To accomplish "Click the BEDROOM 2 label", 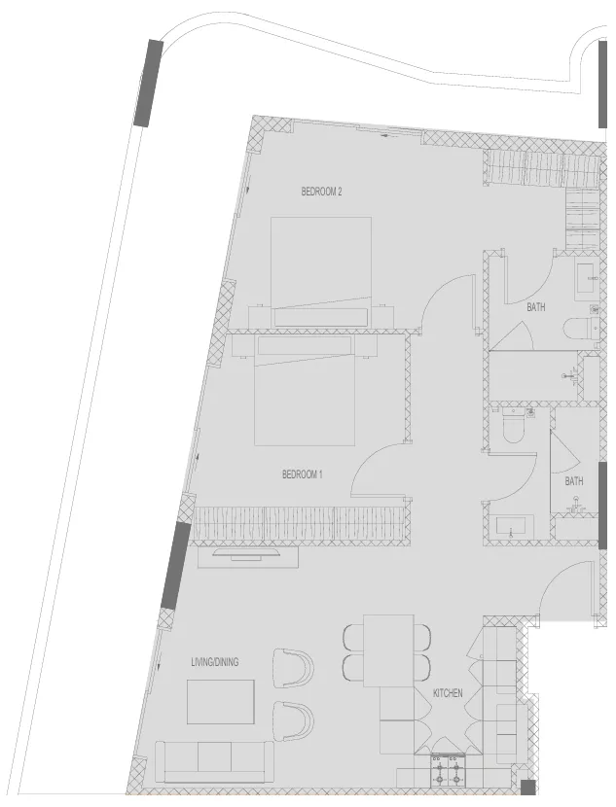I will coord(321,193).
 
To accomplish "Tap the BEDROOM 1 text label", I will coord(302,474).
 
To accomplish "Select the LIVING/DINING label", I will coord(214,662).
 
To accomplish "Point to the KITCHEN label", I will coord(448,693).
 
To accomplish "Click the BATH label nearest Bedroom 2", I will coord(536,307).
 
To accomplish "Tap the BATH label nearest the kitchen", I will coord(574,481).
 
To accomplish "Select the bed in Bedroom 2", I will coord(321,267).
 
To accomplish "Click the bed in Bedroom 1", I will coord(305,389).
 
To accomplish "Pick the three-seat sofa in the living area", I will coord(214,760).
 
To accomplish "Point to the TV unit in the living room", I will coord(247,555).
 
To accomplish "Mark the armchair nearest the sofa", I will coord(292,719).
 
